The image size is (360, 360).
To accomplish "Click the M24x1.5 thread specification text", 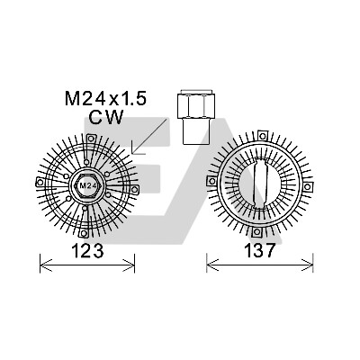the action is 105,98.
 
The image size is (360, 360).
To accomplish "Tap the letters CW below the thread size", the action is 106,117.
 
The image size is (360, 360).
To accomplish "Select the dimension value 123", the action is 87,250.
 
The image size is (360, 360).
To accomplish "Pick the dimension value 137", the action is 259,250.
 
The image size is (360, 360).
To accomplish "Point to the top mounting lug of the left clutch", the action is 91,139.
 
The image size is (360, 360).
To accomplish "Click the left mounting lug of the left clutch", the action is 40,182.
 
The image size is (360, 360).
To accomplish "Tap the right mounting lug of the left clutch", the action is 135,189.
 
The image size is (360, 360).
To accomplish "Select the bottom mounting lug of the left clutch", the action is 84,233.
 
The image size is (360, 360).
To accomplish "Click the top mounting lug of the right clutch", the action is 263,136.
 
